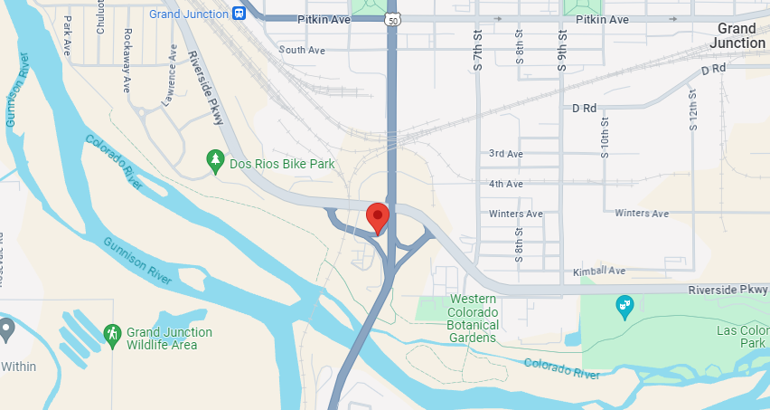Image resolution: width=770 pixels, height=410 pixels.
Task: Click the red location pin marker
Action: tap(377, 217)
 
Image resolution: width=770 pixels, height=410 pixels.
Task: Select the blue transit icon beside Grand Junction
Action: tap(239, 14)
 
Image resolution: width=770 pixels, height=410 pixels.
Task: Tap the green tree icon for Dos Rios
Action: tap(215, 162)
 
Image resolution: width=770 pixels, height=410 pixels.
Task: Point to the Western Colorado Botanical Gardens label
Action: tap(473, 319)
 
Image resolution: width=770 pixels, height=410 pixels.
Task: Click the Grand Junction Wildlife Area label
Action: tap(169, 338)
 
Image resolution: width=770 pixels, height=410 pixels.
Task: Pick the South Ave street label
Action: tap(302, 51)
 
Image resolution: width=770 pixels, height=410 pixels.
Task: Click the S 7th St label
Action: tap(478, 51)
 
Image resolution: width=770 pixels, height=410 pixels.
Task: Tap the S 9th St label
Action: tap(561, 51)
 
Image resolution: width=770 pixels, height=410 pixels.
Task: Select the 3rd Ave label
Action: tap(505, 155)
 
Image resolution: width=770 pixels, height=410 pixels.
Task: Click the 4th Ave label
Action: tap(506, 185)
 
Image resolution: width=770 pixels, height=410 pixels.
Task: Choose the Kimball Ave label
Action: tap(599, 272)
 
